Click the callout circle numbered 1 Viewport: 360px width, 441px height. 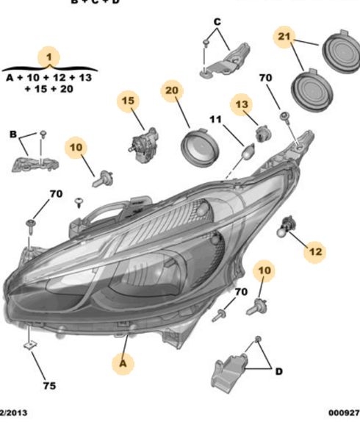[48, 56]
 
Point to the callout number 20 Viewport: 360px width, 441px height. [172, 91]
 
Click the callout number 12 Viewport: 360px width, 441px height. [314, 252]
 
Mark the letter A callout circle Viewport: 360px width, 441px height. [123, 362]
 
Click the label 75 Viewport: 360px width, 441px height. [48, 385]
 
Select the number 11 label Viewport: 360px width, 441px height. [215, 119]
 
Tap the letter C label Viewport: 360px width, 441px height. [217, 22]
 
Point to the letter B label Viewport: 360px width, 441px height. [13, 134]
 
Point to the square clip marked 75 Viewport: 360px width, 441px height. [30, 342]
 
